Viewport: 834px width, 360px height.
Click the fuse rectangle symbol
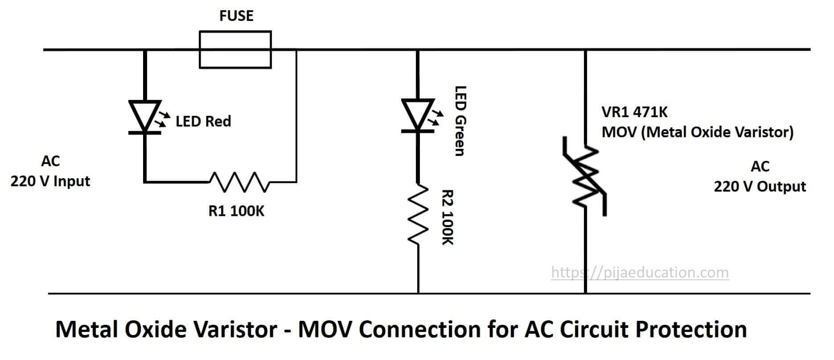[x=235, y=49]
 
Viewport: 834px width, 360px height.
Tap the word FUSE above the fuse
[x=236, y=16]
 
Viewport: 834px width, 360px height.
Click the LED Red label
[x=203, y=122]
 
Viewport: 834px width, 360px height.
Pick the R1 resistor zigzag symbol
[x=239, y=182]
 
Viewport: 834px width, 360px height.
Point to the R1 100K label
[x=236, y=211]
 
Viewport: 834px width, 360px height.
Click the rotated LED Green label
[x=460, y=121]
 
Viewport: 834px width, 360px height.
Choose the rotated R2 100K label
[x=448, y=217]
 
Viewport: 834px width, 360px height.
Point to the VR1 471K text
[x=634, y=112]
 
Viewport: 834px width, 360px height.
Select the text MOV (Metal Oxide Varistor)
[x=697, y=132]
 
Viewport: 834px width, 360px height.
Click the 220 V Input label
[x=50, y=181]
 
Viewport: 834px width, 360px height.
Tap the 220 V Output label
[x=760, y=186]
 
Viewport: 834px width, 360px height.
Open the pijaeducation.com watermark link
[x=640, y=272]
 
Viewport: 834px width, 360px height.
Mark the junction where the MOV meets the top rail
[x=586, y=49]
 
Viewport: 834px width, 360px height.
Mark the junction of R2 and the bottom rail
[x=418, y=294]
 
